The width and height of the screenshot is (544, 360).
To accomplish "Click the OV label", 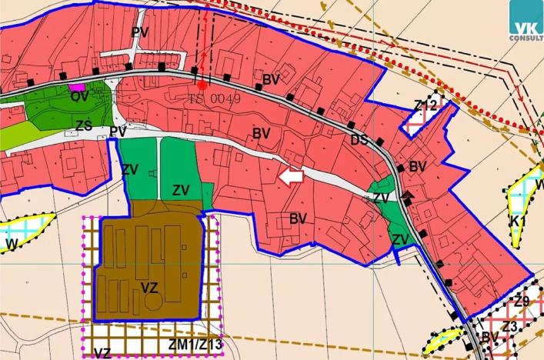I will [x=79, y=97].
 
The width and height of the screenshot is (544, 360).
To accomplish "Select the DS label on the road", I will [x=359, y=139].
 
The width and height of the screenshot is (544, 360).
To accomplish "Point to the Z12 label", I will [x=426, y=105].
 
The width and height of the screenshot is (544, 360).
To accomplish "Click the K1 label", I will [x=518, y=221].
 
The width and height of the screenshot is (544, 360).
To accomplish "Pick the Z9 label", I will [x=522, y=302].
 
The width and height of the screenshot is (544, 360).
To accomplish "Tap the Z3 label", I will [x=509, y=327].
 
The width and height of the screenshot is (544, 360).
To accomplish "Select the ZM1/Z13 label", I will [x=195, y=344].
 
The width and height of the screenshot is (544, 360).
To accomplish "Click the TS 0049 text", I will [x=215, y=99].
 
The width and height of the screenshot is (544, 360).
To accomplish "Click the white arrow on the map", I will [x=290, y=178].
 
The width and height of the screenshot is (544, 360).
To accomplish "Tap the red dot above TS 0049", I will [x=202, y=85].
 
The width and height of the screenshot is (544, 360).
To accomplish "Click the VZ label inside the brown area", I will [x=150, y=288].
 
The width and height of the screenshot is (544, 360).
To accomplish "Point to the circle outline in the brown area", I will [x=154, y=303].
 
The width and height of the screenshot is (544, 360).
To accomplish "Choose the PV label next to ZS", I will [x=118, y=132].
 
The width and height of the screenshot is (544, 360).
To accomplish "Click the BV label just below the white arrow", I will [x=299, y=219].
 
